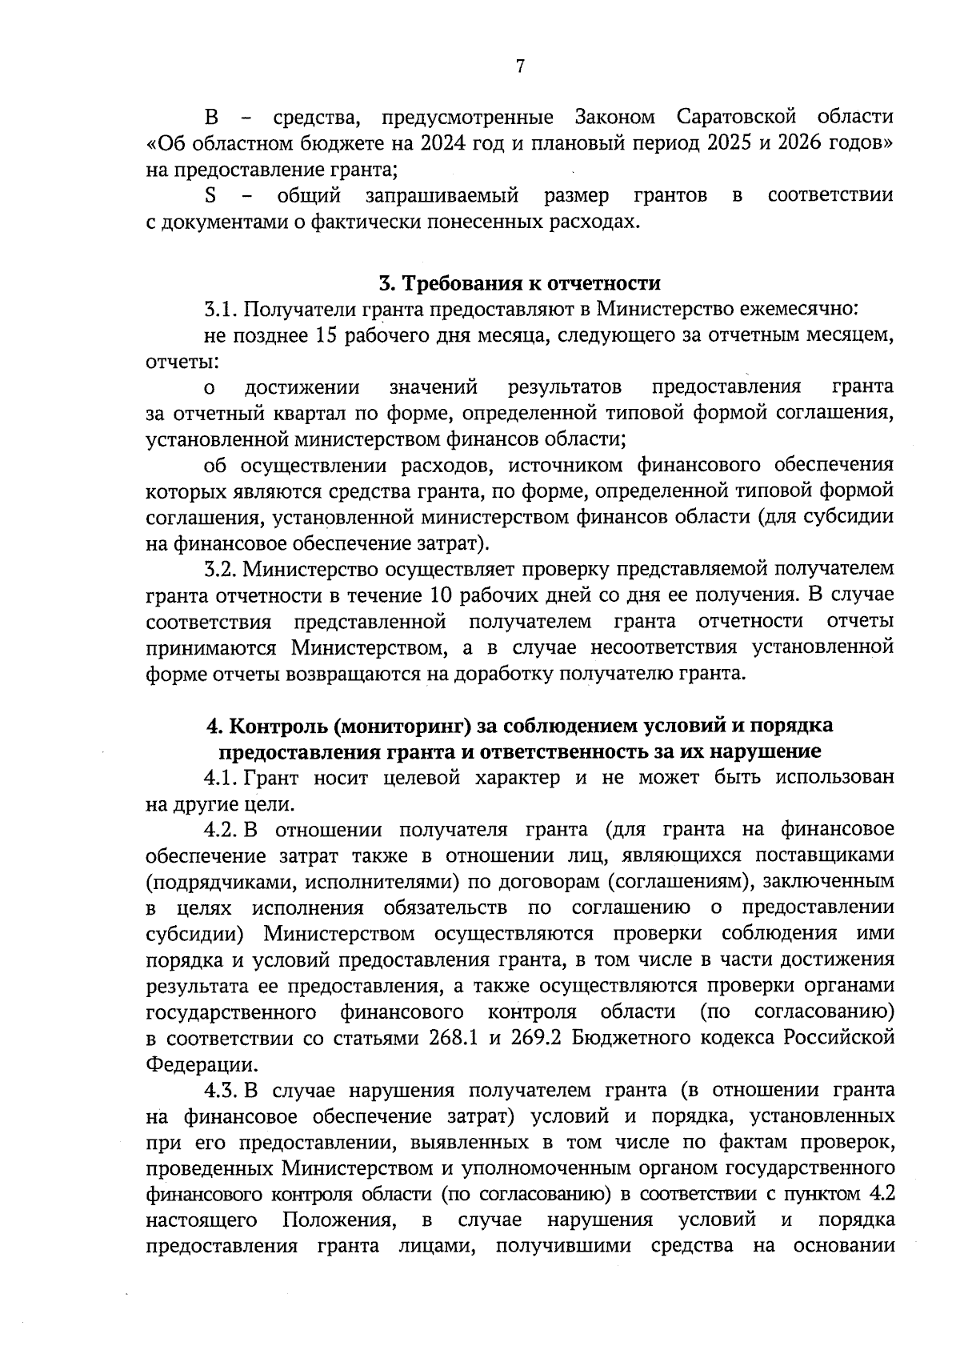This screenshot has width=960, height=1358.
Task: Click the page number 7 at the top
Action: click(519, 66)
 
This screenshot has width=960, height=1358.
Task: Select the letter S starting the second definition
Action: click(211, 195)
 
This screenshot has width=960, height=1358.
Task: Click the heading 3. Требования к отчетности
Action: click(519, 283)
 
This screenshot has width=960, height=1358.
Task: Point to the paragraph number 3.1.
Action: click(220, 309)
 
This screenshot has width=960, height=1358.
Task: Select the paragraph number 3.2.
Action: click(220, 569)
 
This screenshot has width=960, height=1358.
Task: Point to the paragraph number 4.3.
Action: click(220, 1090)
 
